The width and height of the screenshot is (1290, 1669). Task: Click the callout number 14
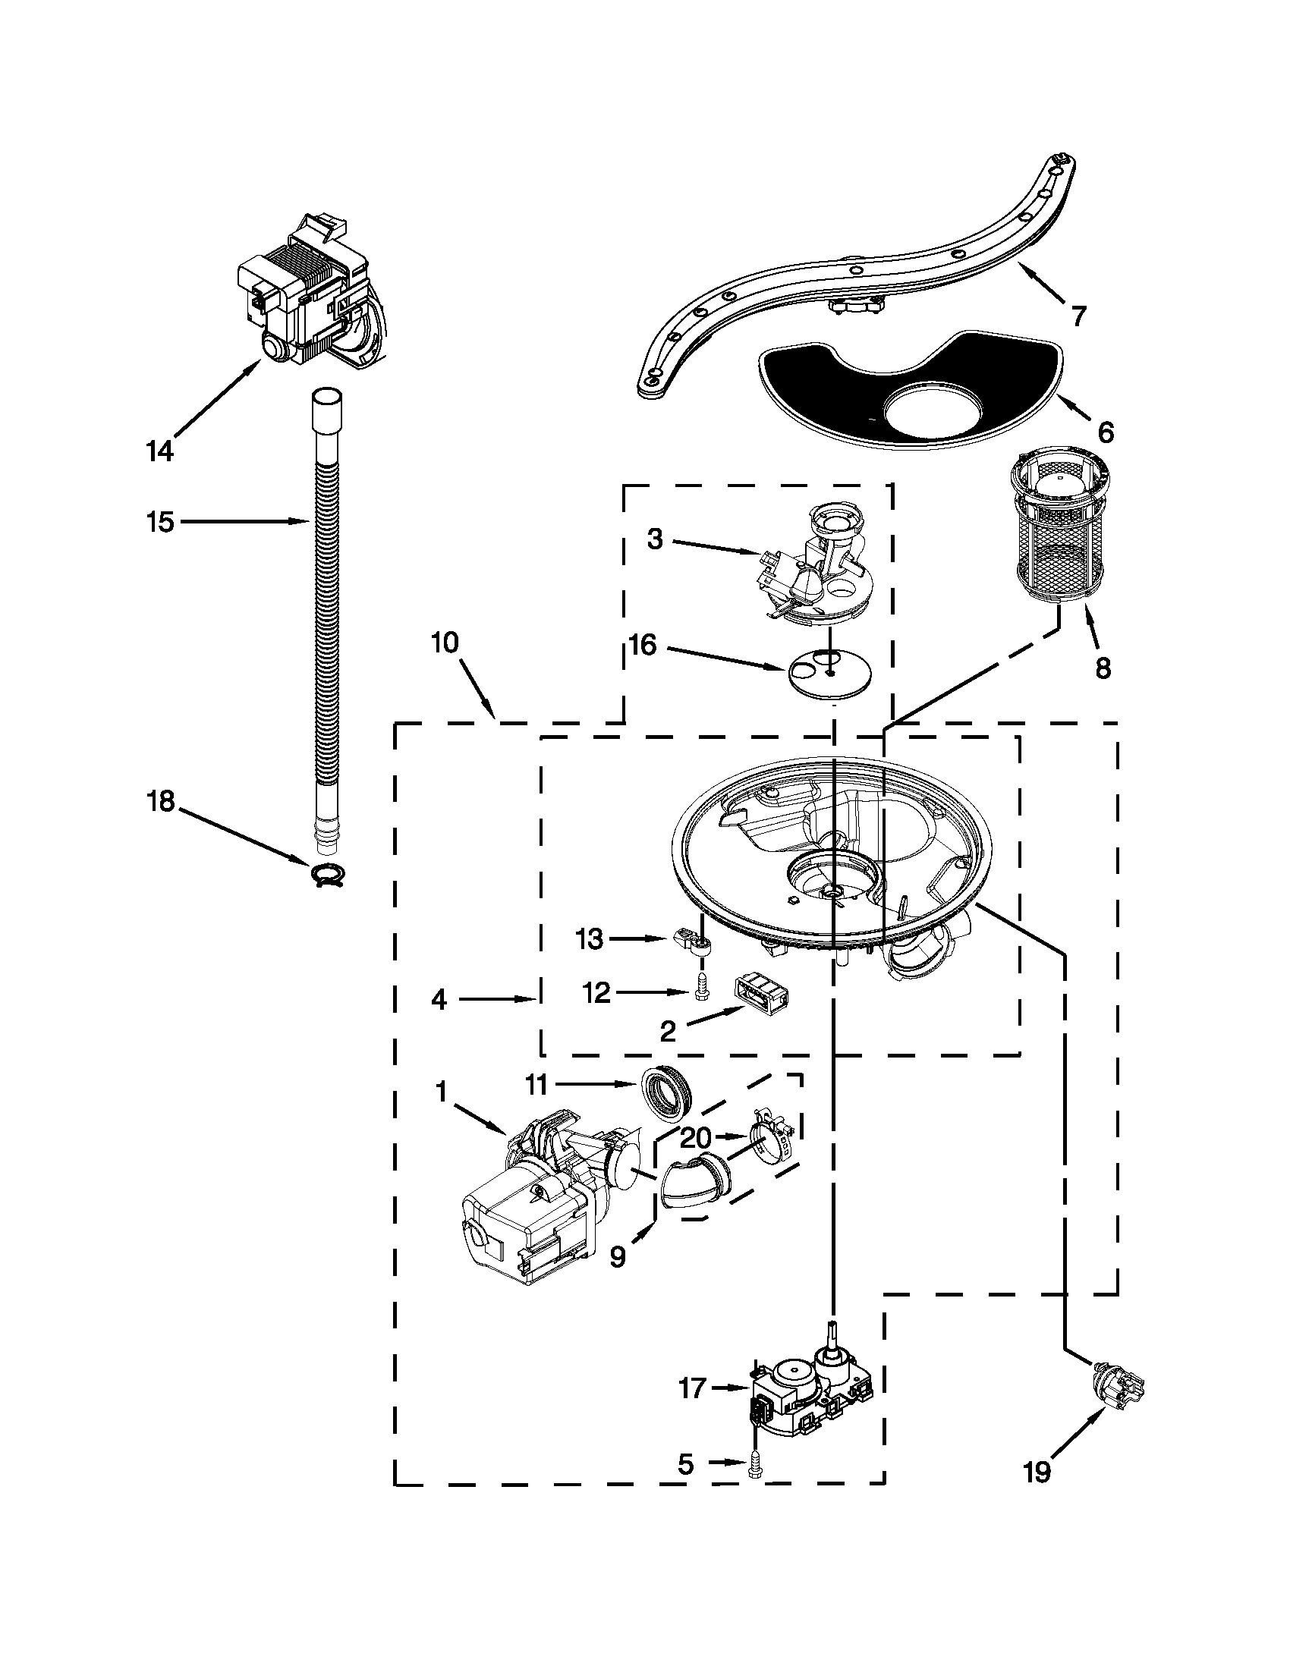(159, 451)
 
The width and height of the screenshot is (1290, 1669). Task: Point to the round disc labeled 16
(829, 671)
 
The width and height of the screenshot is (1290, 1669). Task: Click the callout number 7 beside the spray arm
(1078, 314)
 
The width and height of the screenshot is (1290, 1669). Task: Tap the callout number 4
(439, 999)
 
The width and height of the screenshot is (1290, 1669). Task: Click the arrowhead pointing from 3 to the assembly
(755, 552)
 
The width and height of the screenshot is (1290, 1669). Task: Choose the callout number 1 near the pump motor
(441, 1093)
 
